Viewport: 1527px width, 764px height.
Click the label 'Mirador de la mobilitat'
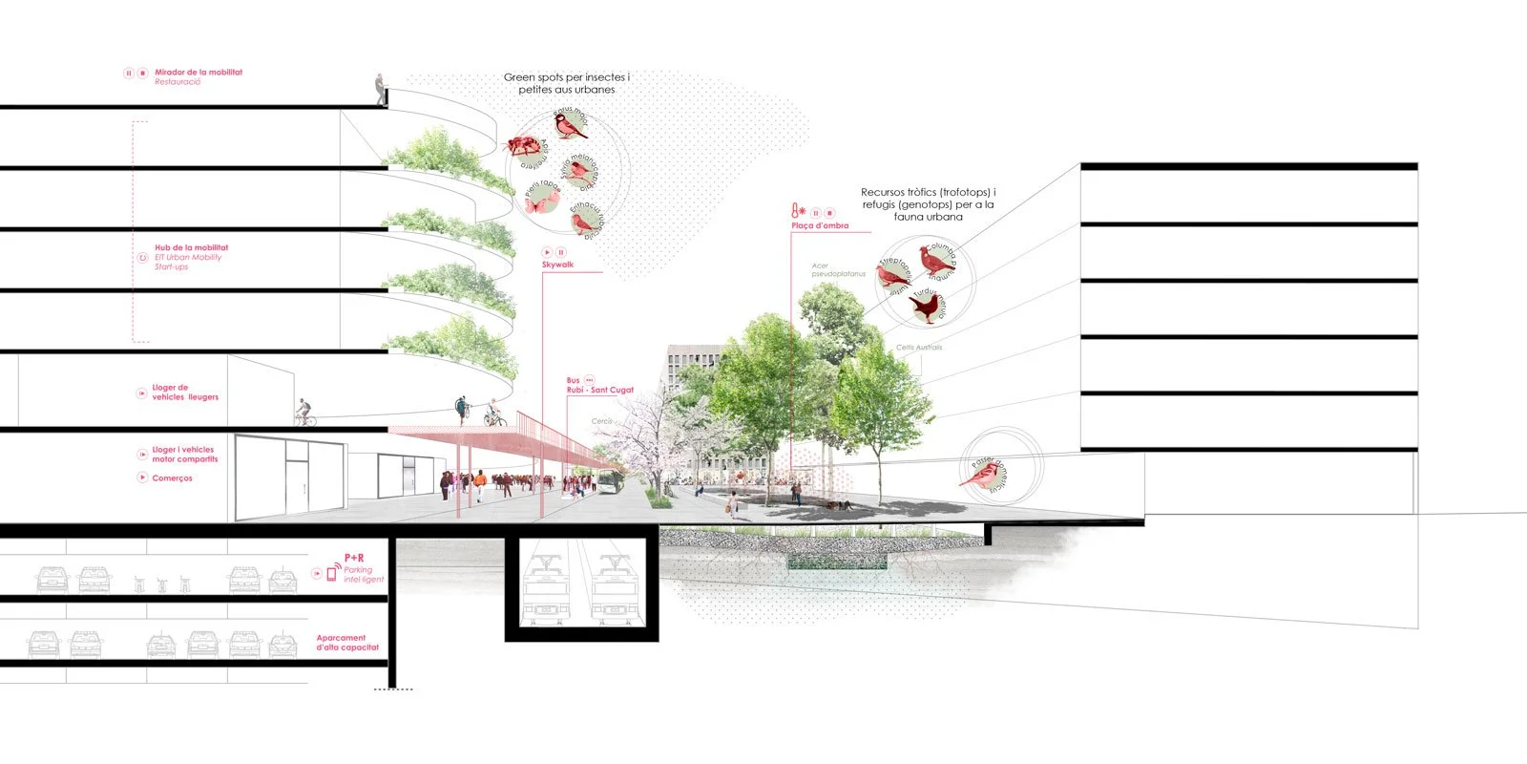coord(199,73)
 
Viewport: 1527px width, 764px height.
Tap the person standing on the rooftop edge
coord(381,89)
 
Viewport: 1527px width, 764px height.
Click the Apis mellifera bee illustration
coord(522,146)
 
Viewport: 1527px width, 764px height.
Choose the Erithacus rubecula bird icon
coord(582,222)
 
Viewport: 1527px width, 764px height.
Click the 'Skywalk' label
coord(557,265)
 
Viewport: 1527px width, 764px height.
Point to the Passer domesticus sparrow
coord(980,472)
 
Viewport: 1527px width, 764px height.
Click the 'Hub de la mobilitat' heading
coord(191,247)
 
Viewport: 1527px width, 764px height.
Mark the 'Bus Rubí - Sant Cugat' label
coord(599,386)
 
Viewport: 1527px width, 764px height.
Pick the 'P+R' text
coord(354,558)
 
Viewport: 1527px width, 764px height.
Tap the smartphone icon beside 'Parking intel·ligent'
coord(332,573)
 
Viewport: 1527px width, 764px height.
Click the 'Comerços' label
coord(172,478)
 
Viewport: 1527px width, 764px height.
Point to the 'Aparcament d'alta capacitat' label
coord(347,643)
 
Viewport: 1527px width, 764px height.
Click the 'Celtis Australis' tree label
coord(919,348)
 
